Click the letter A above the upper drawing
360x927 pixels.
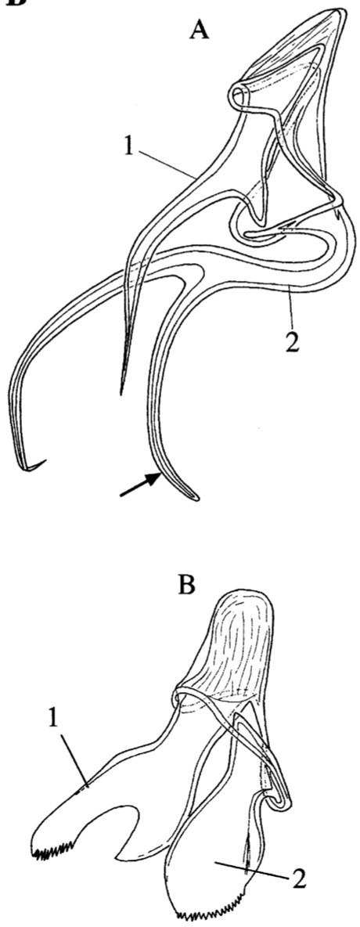point(200,27)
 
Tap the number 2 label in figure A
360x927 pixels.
point(290,341)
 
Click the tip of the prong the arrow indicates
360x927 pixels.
point(195,499)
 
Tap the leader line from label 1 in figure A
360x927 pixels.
point(168,163)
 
